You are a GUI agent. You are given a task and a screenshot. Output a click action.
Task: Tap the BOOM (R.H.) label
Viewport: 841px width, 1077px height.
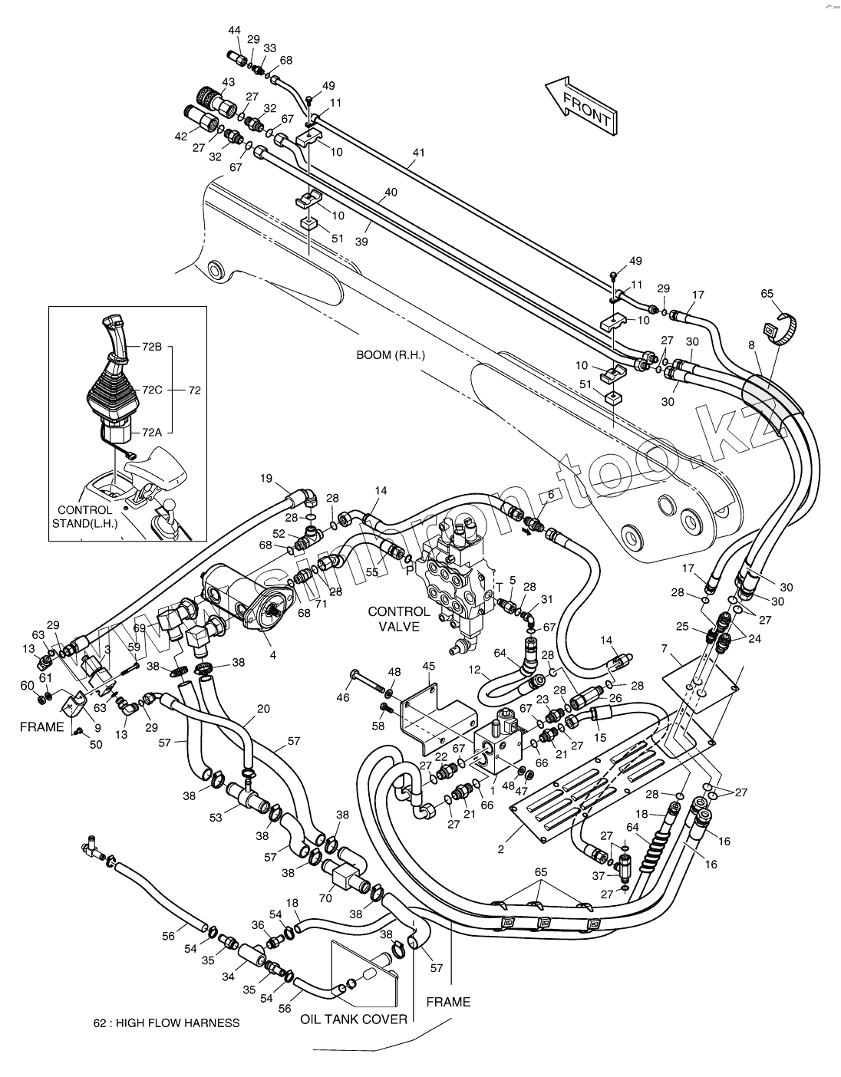390,356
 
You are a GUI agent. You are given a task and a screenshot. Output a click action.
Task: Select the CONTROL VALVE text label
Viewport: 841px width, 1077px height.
399,618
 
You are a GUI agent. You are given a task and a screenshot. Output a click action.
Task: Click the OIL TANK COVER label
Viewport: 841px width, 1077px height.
353,1019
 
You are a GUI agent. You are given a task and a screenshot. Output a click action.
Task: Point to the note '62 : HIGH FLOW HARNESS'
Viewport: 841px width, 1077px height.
166,1023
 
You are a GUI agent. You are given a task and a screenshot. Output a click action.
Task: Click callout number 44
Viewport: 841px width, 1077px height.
235,30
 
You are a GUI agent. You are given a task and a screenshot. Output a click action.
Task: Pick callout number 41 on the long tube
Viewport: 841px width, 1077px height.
417,153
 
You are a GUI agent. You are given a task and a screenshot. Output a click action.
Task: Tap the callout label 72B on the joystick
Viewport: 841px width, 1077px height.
152,347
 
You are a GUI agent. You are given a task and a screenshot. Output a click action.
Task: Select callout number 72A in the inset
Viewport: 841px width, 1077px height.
152,433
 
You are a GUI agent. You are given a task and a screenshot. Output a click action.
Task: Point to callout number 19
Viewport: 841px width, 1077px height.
265,479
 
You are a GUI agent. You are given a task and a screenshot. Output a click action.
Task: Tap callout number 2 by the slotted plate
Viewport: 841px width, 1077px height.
500,849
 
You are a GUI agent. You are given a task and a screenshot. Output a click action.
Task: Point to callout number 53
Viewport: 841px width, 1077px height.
217,818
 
